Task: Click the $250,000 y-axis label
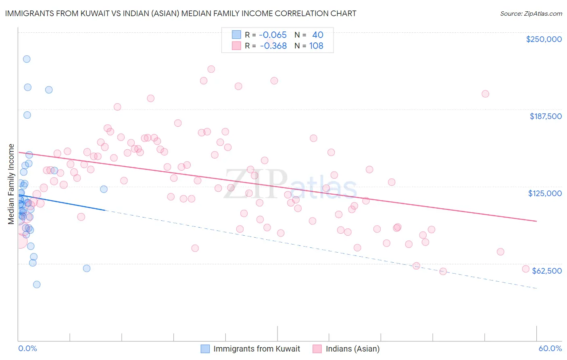544,39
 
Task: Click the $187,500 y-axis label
545,116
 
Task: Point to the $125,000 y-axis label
545,193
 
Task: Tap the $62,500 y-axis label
547,271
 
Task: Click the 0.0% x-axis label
27,348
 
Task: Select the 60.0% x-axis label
550,348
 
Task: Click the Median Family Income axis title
11,184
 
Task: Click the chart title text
181,13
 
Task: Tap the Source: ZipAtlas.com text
531,13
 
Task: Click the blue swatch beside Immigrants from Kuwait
205,349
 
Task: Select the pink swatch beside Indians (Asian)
317,349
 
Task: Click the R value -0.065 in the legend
273,35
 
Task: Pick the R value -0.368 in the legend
273,46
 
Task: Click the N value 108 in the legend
316,46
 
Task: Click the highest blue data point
27,59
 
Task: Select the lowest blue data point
37,285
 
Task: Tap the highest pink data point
211,69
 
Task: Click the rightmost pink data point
525,269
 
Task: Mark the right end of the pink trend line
537,221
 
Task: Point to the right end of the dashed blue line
537,288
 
